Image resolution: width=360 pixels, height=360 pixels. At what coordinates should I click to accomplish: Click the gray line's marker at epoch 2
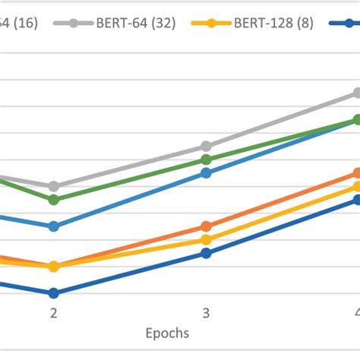tap(54, 186)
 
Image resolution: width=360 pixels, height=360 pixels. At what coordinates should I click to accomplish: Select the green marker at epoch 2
tap(54, 200)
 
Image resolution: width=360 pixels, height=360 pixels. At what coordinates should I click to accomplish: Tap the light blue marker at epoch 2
tap(54, 226)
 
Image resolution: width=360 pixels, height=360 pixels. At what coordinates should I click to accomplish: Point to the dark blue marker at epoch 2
tap(54, 293)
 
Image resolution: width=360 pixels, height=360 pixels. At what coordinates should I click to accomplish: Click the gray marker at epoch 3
tap(206, 146)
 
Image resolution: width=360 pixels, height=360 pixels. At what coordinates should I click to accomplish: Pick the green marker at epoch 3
tap(206, 159)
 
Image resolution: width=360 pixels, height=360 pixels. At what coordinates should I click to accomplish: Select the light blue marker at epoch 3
tap(206, 173)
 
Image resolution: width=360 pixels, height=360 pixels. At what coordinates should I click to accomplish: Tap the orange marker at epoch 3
tap(206, 226)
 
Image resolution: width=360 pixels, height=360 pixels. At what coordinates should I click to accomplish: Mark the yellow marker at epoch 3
tap(206, 240)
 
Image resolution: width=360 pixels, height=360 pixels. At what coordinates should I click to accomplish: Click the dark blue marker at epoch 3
tap(206, 253)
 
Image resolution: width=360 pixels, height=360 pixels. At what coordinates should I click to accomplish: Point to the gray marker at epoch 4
tap(357, 93)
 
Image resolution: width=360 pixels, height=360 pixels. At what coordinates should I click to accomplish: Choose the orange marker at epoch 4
tap(357, 173)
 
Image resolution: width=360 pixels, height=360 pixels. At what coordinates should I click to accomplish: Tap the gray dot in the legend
tap(74, 23)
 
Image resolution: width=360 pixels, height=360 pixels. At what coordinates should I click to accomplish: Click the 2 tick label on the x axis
tap(54, 313)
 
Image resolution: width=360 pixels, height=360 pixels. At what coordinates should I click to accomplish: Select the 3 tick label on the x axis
tap(206, 313)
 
